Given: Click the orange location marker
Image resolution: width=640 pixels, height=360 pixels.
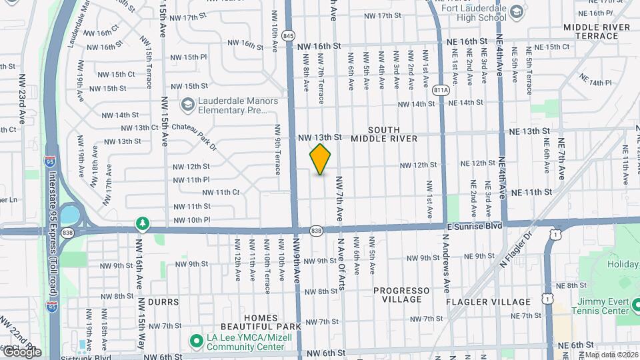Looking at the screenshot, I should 321,159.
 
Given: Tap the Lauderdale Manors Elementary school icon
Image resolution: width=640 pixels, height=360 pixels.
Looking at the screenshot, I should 187,105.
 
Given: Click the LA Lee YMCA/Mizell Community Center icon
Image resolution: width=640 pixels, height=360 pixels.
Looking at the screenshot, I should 196,341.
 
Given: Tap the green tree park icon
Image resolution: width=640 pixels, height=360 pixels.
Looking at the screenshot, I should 141,222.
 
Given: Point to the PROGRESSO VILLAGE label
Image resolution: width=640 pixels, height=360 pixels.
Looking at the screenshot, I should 401,295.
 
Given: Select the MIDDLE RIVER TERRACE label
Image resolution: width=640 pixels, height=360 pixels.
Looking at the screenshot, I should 596,31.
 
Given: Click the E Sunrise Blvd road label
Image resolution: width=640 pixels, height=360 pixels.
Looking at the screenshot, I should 474,226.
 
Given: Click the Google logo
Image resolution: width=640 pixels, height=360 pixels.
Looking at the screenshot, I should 21,351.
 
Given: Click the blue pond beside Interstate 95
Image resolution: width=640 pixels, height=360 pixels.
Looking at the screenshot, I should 69,215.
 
